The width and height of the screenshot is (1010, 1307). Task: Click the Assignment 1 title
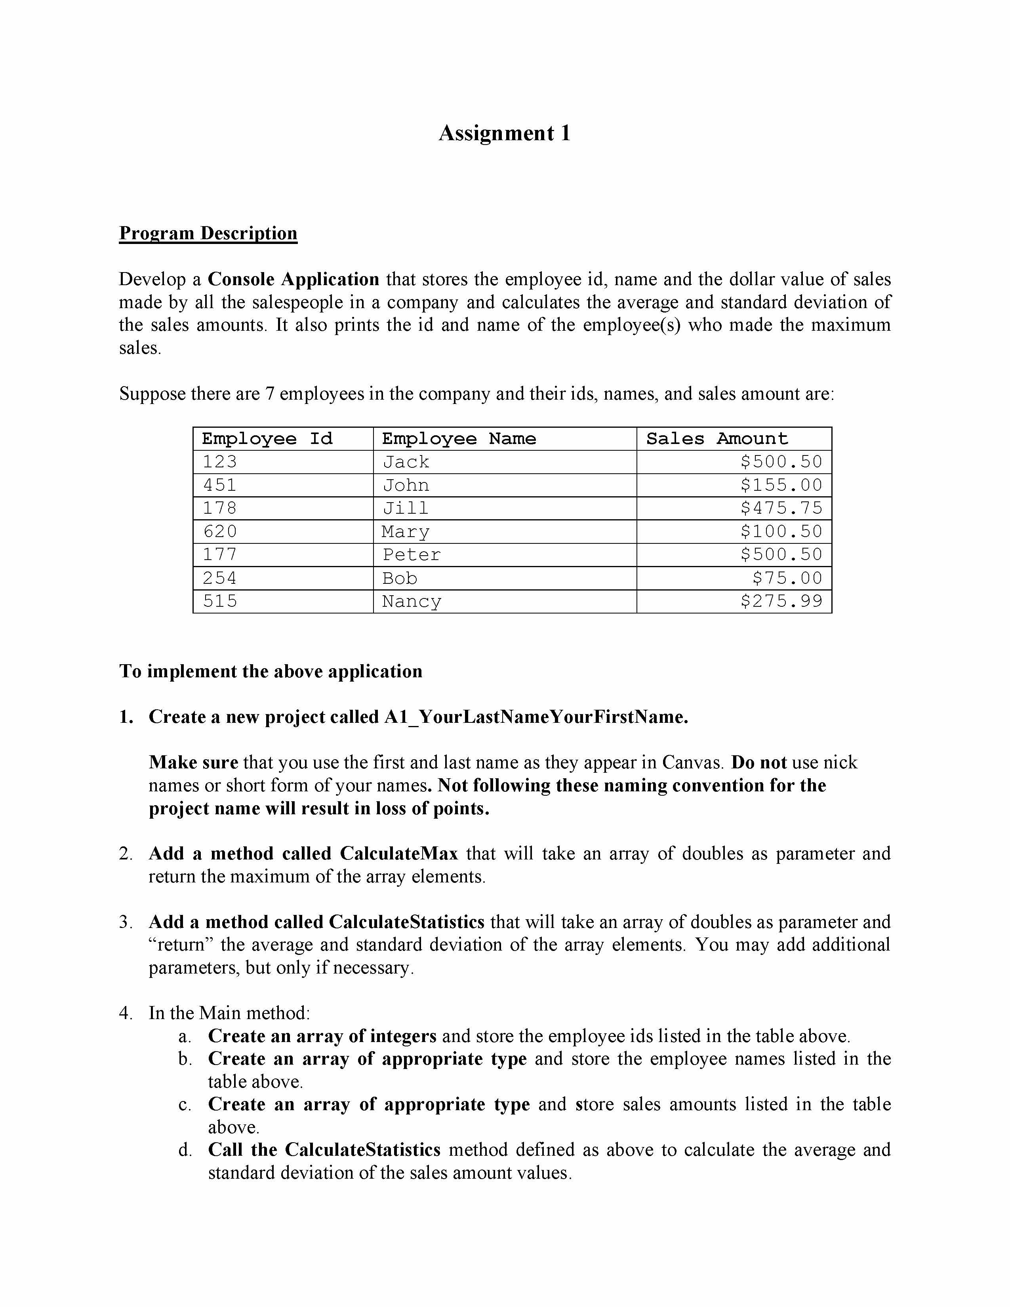[x=504, y=133]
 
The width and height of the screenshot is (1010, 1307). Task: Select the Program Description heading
[x=208, y=233]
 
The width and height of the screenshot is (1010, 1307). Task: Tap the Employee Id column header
[x=267, y=439]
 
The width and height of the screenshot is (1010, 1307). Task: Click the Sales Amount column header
[x=717, y=439]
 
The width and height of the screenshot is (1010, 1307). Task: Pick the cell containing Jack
[x=406, y=462]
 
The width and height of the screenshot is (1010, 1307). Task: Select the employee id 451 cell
[x=220, y=485]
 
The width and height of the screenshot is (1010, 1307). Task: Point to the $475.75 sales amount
[x=781, y=508]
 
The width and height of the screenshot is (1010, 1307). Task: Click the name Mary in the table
[x=406, y=532]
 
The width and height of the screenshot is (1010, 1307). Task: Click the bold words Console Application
[x=293, y=280]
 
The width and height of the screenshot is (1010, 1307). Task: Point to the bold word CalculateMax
[x=399, y=854]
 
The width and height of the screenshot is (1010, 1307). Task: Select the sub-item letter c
[x=184, y=1104]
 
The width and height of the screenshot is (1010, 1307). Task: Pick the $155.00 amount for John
[x=781, y=485]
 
